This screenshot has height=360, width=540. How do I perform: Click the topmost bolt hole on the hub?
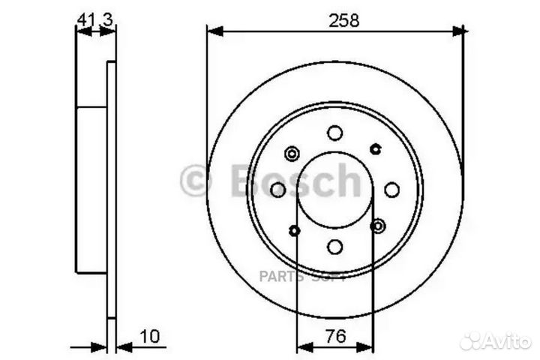coord(334,133)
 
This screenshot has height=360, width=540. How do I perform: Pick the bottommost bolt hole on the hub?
coord(334,247)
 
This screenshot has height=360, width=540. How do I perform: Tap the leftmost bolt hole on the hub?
coord(277,190)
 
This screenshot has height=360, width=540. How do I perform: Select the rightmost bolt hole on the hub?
coord(391,190)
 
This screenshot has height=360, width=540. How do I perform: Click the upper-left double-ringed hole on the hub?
coord(292,154)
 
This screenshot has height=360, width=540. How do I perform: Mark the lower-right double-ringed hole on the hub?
coord(377,225)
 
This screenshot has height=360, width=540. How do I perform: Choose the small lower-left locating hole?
coord(295,229)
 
